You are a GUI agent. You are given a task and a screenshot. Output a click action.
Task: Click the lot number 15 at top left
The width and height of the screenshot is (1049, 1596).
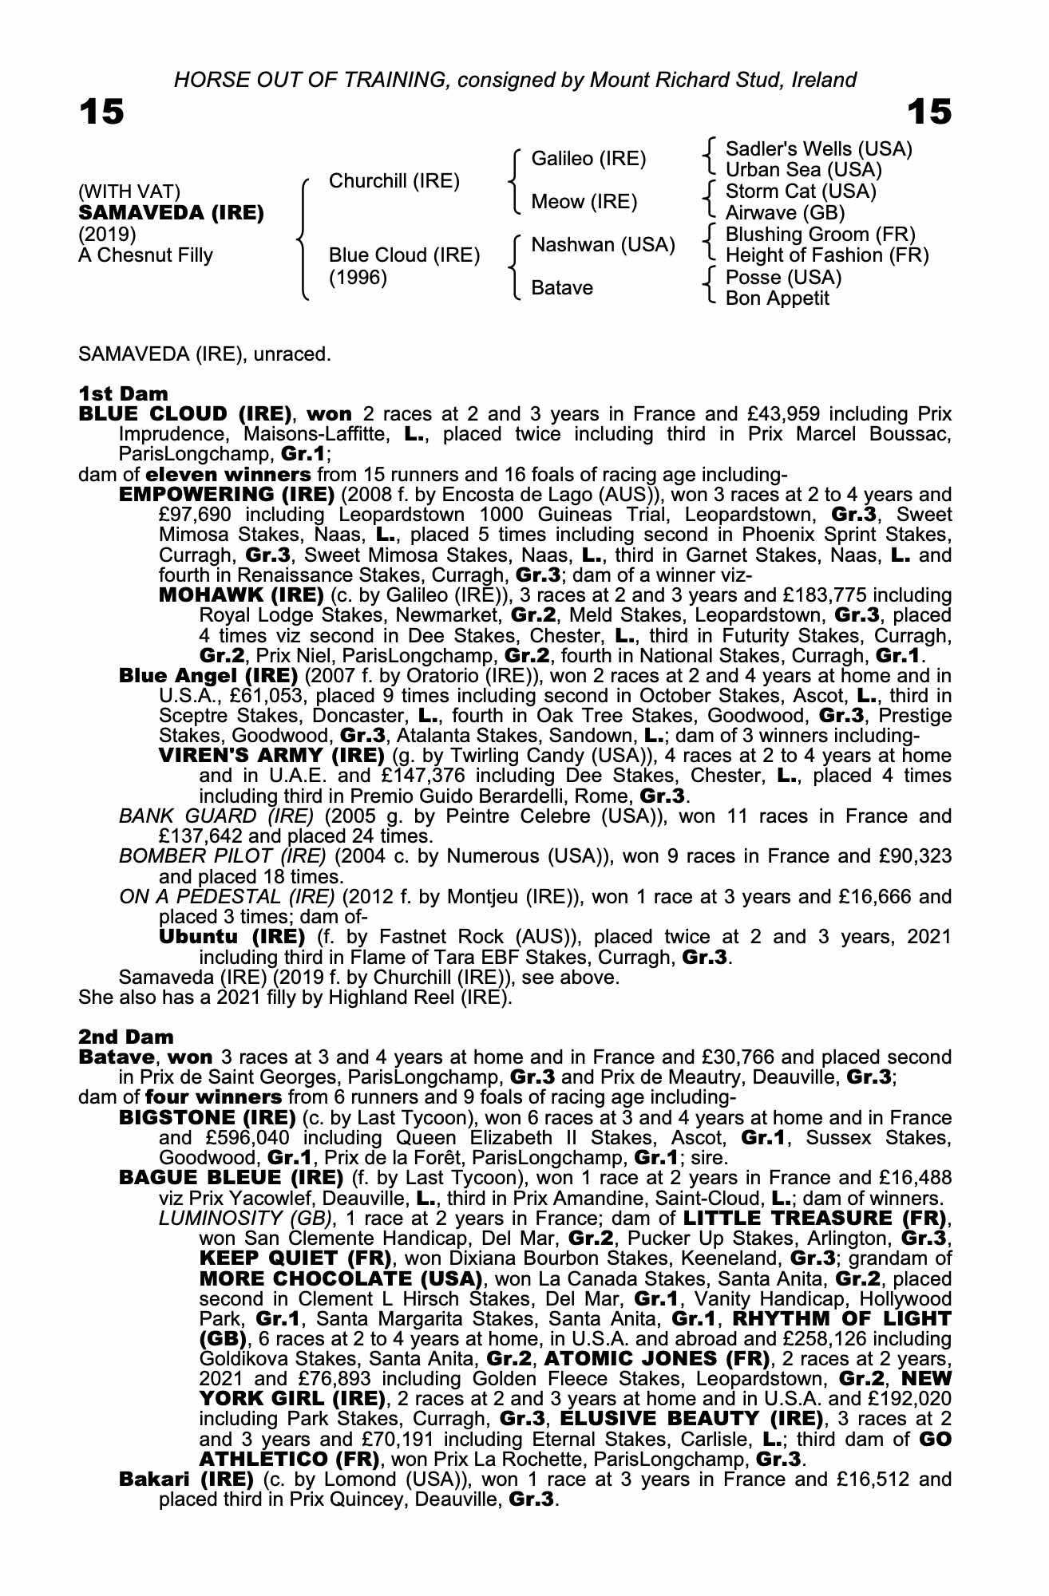tap(101, 113)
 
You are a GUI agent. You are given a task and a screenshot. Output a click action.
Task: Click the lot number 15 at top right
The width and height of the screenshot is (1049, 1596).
tap(929, 113)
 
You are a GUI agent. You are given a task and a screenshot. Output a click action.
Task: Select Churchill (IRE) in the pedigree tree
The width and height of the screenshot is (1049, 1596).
tap(394, 181)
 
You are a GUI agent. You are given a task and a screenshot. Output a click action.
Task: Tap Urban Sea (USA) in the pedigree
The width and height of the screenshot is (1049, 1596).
tap(803, 170)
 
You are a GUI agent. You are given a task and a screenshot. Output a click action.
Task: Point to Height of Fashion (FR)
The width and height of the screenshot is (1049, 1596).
tap(827, 255)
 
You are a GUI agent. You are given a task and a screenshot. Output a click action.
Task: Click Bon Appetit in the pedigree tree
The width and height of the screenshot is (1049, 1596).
tap(777, 298)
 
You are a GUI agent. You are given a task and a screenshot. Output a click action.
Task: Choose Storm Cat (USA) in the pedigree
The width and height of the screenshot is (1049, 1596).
tap(801, 192)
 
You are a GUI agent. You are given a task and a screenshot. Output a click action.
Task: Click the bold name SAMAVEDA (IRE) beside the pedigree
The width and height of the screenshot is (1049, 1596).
tap(171, 213)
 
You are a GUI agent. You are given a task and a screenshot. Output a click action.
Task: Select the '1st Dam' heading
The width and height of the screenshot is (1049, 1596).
tap(123, 393)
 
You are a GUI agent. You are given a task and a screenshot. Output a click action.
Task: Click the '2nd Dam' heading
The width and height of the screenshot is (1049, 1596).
tap(125, 1037)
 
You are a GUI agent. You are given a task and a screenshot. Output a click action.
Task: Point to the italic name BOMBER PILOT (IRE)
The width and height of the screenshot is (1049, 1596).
tap(222, 856)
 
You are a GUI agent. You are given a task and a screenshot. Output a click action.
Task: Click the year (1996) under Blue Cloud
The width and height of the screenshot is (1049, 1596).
tap(358, 278)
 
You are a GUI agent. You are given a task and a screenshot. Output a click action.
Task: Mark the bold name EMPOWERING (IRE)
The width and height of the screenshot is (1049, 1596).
tap(226, 494)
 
